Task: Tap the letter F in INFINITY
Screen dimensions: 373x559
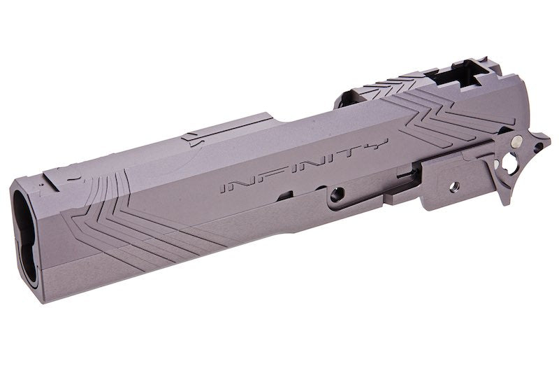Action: [x=261, y=176]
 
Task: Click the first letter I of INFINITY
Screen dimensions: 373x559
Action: [x=225, y=186]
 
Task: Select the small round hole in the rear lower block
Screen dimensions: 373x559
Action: [x=452, y=186]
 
